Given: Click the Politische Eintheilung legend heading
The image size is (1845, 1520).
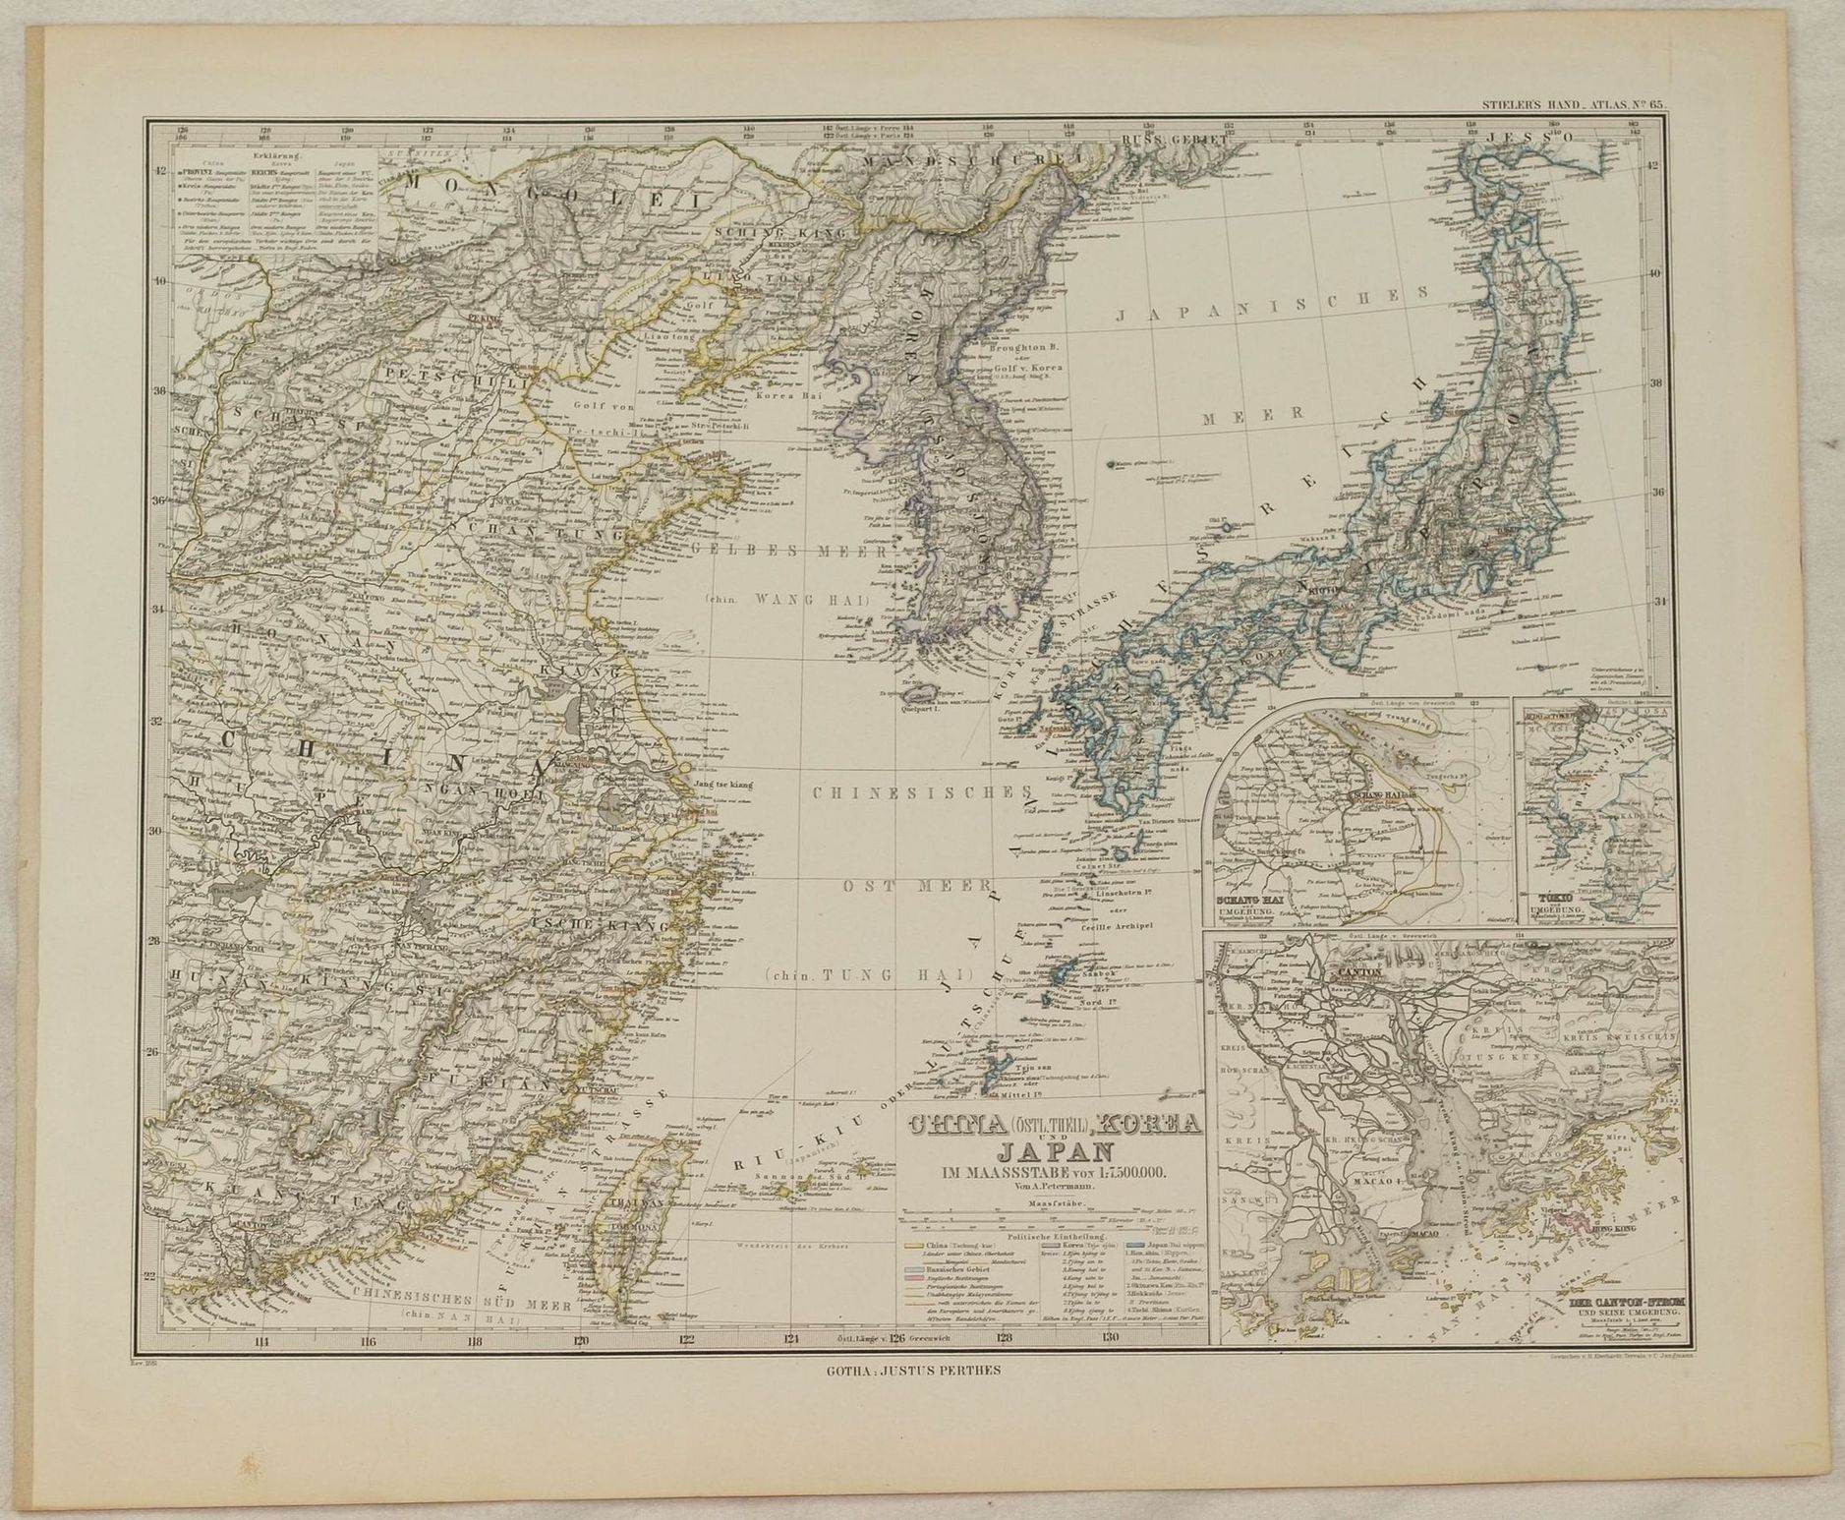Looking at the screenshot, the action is coord(1053,1235).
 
